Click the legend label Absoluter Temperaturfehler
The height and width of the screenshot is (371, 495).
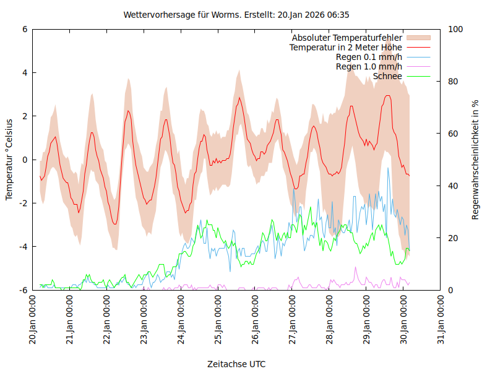coord(346,38)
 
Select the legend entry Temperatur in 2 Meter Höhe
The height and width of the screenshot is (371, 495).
coord(346,47)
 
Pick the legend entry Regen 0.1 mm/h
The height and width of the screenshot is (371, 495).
coord(369,57)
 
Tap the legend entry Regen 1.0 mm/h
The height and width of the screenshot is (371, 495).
coord(369,67)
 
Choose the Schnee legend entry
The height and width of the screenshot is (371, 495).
coord(388,76)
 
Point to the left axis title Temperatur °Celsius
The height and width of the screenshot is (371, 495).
coord(9,160)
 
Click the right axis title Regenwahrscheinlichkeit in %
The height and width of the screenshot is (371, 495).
coord(476,160)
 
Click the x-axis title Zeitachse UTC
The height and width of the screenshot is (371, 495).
coord(237,364)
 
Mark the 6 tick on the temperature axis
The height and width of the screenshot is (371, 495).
coord(25,29)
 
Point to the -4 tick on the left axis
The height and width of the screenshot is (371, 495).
coord(23,247)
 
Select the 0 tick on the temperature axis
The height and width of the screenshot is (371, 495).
coord(25,160)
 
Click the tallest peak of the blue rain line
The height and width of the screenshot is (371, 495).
coord(388,168)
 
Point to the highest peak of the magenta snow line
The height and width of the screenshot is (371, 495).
coord(355,267)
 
